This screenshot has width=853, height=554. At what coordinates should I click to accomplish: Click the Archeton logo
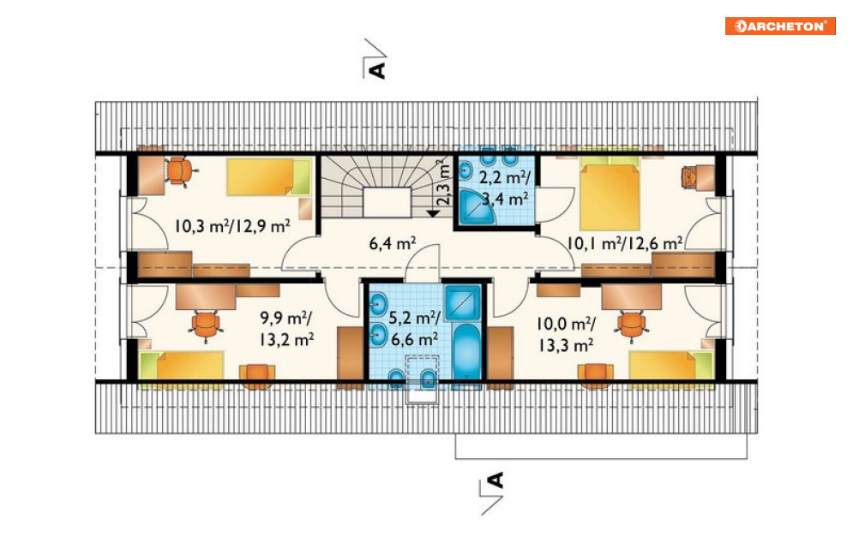pyautogui.click(x=779, y=26)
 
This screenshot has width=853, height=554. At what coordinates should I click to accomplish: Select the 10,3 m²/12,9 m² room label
pyautogui.click(x=232, y=225)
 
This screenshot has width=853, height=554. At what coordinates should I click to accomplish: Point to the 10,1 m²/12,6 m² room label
pyautogui.click(x=625, y=243)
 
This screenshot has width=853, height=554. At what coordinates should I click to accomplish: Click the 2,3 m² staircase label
pyautogui.click(x=444, y=182)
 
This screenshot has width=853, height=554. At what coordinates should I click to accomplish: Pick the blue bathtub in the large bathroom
pyautogui.click(x=466, y=352)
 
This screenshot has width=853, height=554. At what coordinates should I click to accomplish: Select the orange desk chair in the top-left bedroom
pyautogui.click(x=179, y=170)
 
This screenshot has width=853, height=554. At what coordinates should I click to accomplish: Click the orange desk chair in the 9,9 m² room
pyautogui.click(x=206, y=325)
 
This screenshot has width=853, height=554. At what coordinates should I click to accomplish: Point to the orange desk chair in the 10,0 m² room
pyautogui.click(x=632, y=325)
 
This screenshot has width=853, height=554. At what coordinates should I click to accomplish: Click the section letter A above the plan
pyautogui.click(x=377, y=70)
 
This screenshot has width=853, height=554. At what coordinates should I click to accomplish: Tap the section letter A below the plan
pyautogui.click(x=496, y=480)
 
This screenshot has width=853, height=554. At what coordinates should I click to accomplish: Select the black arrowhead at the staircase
pyautogui.click(x=433, y=213)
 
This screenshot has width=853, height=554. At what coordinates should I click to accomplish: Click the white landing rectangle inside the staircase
pyautogui.click(x=387, y=202)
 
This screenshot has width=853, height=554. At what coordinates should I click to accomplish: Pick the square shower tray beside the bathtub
pyautogui.click(x=463, y=302)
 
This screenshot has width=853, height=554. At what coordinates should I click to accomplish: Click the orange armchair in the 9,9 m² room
pyautogui.click(x=257, y=376)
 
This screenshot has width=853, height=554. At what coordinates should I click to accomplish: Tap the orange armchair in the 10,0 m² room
pyautogui.click(x=596, y=375)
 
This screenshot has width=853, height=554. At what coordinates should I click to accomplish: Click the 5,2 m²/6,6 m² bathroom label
pyautogui.click(x=415, y=329)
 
